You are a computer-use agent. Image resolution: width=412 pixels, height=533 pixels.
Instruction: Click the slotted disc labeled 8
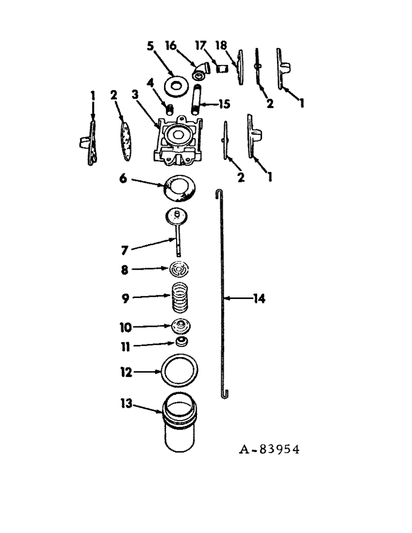point(180,270)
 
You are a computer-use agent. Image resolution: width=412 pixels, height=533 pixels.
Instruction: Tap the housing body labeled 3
point(179,140)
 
